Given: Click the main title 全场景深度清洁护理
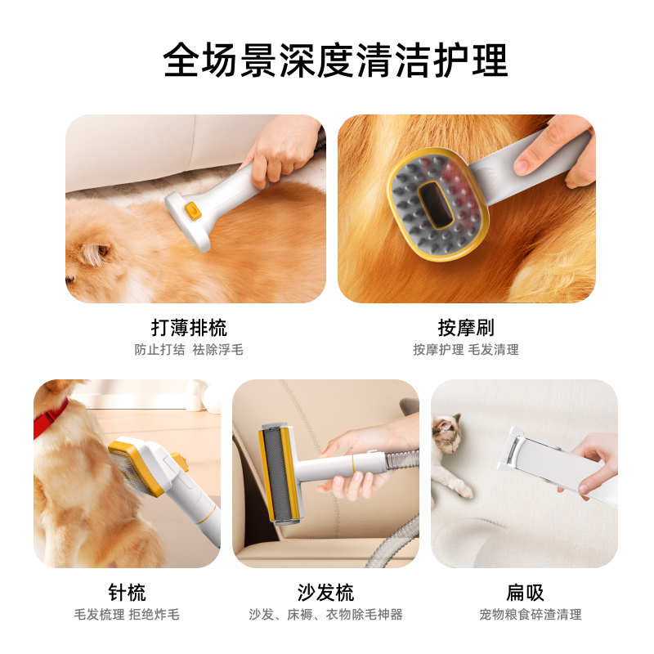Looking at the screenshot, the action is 336,60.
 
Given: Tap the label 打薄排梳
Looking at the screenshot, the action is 189,328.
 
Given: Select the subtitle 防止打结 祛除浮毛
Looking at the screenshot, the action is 189,350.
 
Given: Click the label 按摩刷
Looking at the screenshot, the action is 466,328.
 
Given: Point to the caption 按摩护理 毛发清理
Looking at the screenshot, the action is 466,350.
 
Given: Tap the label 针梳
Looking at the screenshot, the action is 127,592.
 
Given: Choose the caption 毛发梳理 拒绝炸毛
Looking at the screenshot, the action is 127,615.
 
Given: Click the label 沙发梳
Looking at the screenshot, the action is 325,592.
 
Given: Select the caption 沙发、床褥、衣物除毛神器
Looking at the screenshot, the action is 325,615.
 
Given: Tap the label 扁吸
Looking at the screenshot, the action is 525,592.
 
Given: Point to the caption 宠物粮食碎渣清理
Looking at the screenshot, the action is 530,615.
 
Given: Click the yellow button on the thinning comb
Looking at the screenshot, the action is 193,211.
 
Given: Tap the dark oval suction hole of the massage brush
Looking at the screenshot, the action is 436,205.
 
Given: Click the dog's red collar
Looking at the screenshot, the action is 50,417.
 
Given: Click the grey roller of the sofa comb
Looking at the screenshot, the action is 276,474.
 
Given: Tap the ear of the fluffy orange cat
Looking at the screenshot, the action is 96,253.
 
